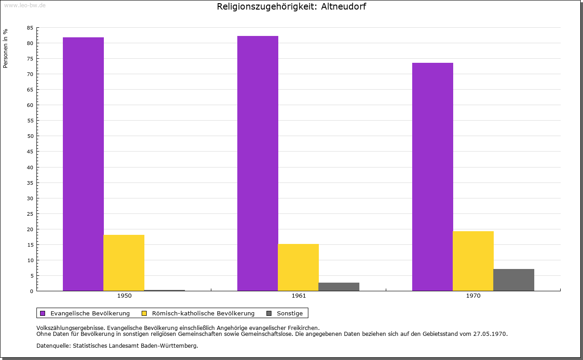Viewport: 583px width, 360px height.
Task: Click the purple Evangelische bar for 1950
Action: point(83,164)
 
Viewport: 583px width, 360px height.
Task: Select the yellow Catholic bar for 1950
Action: point(124,263)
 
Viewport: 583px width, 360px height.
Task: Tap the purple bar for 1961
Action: point(258,163)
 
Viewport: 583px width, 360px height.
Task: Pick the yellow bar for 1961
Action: point(298,267)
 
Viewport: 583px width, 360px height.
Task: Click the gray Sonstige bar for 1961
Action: point(339,287)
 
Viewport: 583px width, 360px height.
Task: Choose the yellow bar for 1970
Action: point(473,261)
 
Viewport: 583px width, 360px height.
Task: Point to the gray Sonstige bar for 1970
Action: point(514,280)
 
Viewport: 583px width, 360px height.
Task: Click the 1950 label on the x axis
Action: point(124,296)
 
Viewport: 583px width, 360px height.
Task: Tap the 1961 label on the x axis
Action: point(299,296)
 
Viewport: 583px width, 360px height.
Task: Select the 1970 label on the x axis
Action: point(473,296)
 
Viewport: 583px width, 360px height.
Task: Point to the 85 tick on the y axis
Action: point(30,28)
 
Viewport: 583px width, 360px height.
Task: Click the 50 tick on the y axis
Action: point(30,136)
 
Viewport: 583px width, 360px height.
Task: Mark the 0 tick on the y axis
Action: point(32,291)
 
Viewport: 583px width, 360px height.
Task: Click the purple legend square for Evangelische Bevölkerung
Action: point(43,313)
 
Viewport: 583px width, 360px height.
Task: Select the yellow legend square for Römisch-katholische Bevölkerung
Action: point(144,313)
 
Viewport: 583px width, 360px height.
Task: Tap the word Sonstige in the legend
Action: point(290,313)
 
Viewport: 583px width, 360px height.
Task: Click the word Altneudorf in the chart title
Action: point(343,6)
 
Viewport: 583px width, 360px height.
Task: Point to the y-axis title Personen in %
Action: point(5,48)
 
